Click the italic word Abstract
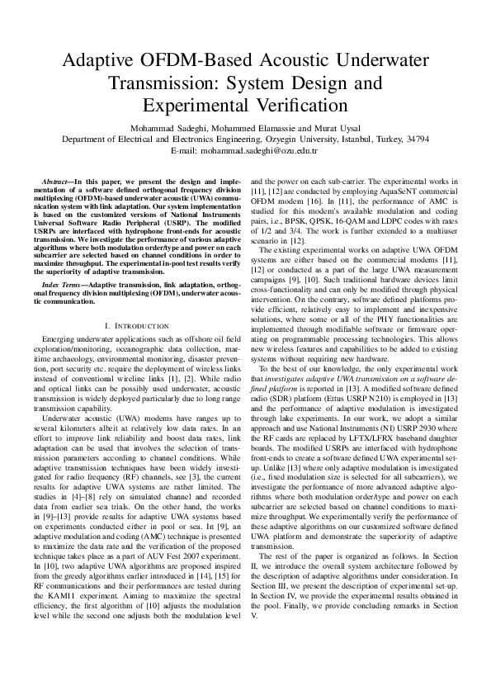55,180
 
